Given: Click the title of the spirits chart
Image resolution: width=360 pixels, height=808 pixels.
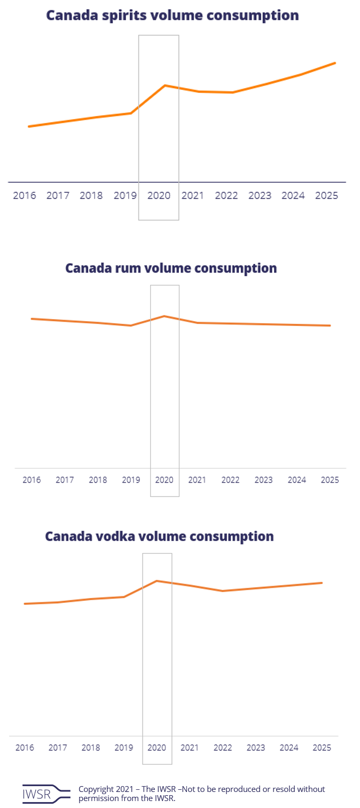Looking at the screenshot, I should click(x=172, y=15).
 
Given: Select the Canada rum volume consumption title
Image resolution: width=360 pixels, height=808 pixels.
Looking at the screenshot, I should click(x=171, y=268).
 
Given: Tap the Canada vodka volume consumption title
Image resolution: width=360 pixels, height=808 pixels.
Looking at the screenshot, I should click(x=159, y=536).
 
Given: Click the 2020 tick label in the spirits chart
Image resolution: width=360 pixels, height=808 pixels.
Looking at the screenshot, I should click(x=159, y=196).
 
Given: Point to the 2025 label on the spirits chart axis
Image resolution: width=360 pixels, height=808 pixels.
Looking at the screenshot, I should click(x=326, y=196).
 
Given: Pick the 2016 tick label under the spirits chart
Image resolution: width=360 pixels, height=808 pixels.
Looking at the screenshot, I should click(x=25, y=196).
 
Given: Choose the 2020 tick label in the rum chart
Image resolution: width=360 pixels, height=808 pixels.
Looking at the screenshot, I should click(x=165, y=480).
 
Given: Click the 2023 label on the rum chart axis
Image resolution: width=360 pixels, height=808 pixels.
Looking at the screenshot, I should click(x=263, y=480).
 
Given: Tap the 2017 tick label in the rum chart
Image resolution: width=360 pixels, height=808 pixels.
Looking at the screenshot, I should click(x=65, y=480).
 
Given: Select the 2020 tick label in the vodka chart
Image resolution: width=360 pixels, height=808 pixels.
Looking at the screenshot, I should click(x=157, y=748).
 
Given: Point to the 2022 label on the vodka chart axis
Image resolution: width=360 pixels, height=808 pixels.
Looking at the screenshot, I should click(x=223, y=748).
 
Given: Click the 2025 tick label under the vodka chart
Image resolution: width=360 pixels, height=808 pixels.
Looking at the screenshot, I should click(x=322, y=748).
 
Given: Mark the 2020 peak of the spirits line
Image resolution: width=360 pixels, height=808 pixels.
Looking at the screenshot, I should click(x=165, y=86).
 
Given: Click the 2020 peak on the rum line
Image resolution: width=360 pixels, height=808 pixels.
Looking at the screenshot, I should click(x=165, y=316).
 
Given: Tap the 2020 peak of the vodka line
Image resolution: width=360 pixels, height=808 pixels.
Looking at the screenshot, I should click(x=156, y=581).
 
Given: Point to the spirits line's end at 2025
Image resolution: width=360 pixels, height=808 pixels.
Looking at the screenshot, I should click(x=335, y=63).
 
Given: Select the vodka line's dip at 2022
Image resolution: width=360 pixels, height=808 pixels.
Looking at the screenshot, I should click(x=223, y=591).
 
